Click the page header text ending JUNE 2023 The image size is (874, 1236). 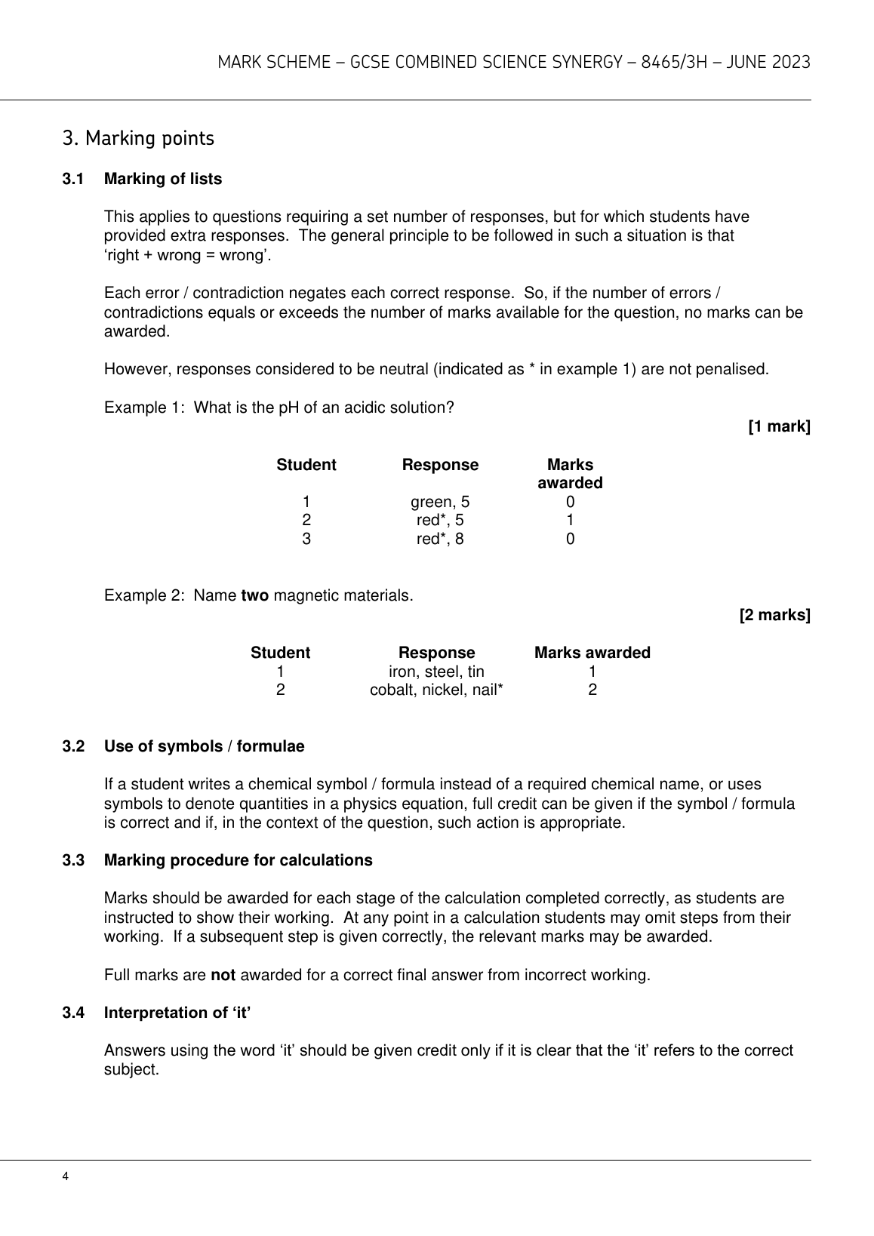(x=513, y=63)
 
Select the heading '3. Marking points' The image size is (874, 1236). (x=138, y=139)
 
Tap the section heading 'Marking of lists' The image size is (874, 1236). (x=163, y=179)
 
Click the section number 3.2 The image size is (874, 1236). (x=72, y=746)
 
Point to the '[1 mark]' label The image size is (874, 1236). (x=779, y=426)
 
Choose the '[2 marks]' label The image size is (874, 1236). (x=774, y=615)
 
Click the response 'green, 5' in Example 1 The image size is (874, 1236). (x=439, y=502)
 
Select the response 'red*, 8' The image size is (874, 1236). (x=439, y=539)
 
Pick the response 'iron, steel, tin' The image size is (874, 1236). (x=436, y=672)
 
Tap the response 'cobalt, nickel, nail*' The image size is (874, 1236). (x=436, y=690)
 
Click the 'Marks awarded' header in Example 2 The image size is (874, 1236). (x=592, y=653)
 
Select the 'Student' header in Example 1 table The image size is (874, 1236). (x=306, y=465)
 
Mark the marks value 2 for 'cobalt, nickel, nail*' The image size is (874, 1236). (x=592, y=690)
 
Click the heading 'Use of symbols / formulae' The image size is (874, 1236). (x=204, y=746)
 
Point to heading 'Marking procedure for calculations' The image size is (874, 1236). (x=238, y=860)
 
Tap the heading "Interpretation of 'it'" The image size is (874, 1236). (x=177, y=1013)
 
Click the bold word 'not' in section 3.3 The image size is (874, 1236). (x=223, y=975)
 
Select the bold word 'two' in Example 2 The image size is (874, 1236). (x=254, y=596)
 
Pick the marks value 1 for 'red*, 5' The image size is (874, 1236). (x=570, y=520)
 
